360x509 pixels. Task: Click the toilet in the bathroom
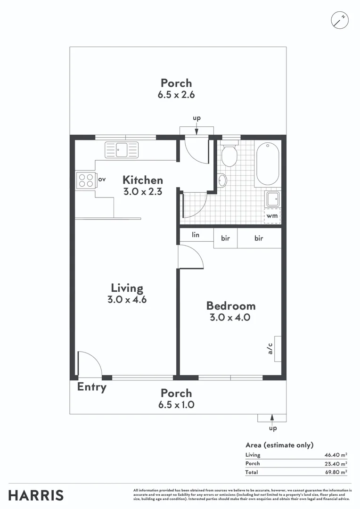(229, 156)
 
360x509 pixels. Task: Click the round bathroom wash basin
(222, 180)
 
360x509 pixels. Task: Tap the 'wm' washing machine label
(272, 216)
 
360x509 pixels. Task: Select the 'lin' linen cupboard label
(196, 235)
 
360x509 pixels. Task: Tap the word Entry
(92, 387)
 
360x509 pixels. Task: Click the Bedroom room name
(231, 306)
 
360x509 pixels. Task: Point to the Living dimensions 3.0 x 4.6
(127, 299)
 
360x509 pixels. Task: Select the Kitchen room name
(143, 180)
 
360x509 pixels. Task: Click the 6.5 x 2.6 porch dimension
(176, 94)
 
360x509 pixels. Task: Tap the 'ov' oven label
(101, 179)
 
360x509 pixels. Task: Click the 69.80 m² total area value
(336, 472)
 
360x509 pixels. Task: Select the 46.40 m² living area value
(336, 455)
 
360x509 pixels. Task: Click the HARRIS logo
(36, 495)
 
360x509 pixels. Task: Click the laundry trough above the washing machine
(273, 199)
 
